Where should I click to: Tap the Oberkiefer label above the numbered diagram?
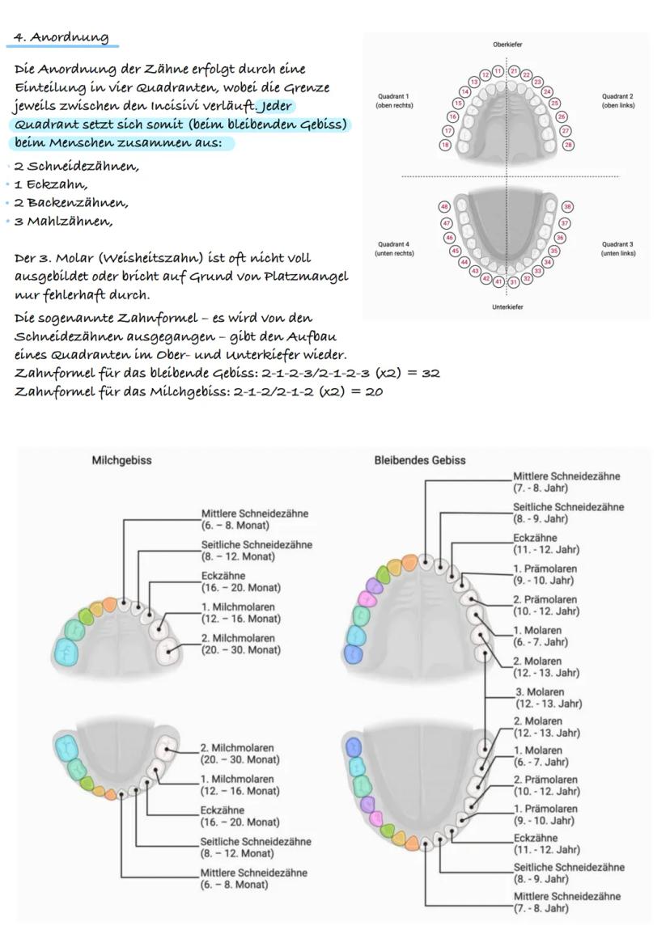(507, 44)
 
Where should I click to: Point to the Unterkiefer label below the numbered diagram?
(507, 307)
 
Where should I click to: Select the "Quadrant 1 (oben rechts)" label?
(392, 100)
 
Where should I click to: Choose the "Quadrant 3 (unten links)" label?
(618, 248)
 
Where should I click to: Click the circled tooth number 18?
(445, 145)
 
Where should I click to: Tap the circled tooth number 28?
(567, 145)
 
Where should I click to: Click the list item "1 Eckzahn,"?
(53, 184)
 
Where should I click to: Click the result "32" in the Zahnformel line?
(429, 374)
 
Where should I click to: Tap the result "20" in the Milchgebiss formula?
(372, 392)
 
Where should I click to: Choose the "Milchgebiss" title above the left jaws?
(121, 460)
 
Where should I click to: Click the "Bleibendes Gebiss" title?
(419, 460)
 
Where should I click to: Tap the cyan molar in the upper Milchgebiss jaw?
(66, 649)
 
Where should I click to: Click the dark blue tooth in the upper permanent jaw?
(353, 654)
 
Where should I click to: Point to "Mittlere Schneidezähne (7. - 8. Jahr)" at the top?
(566, 482)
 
